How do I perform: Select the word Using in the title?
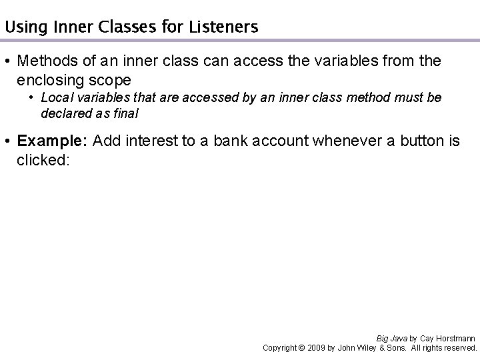tap(21, 27)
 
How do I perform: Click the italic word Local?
tap(55, 97)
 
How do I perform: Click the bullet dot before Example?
tap(9, 141)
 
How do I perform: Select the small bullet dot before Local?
tap(31, 98)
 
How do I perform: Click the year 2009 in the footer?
tap(318, 347)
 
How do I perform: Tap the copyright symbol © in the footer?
tap(301, 347)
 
